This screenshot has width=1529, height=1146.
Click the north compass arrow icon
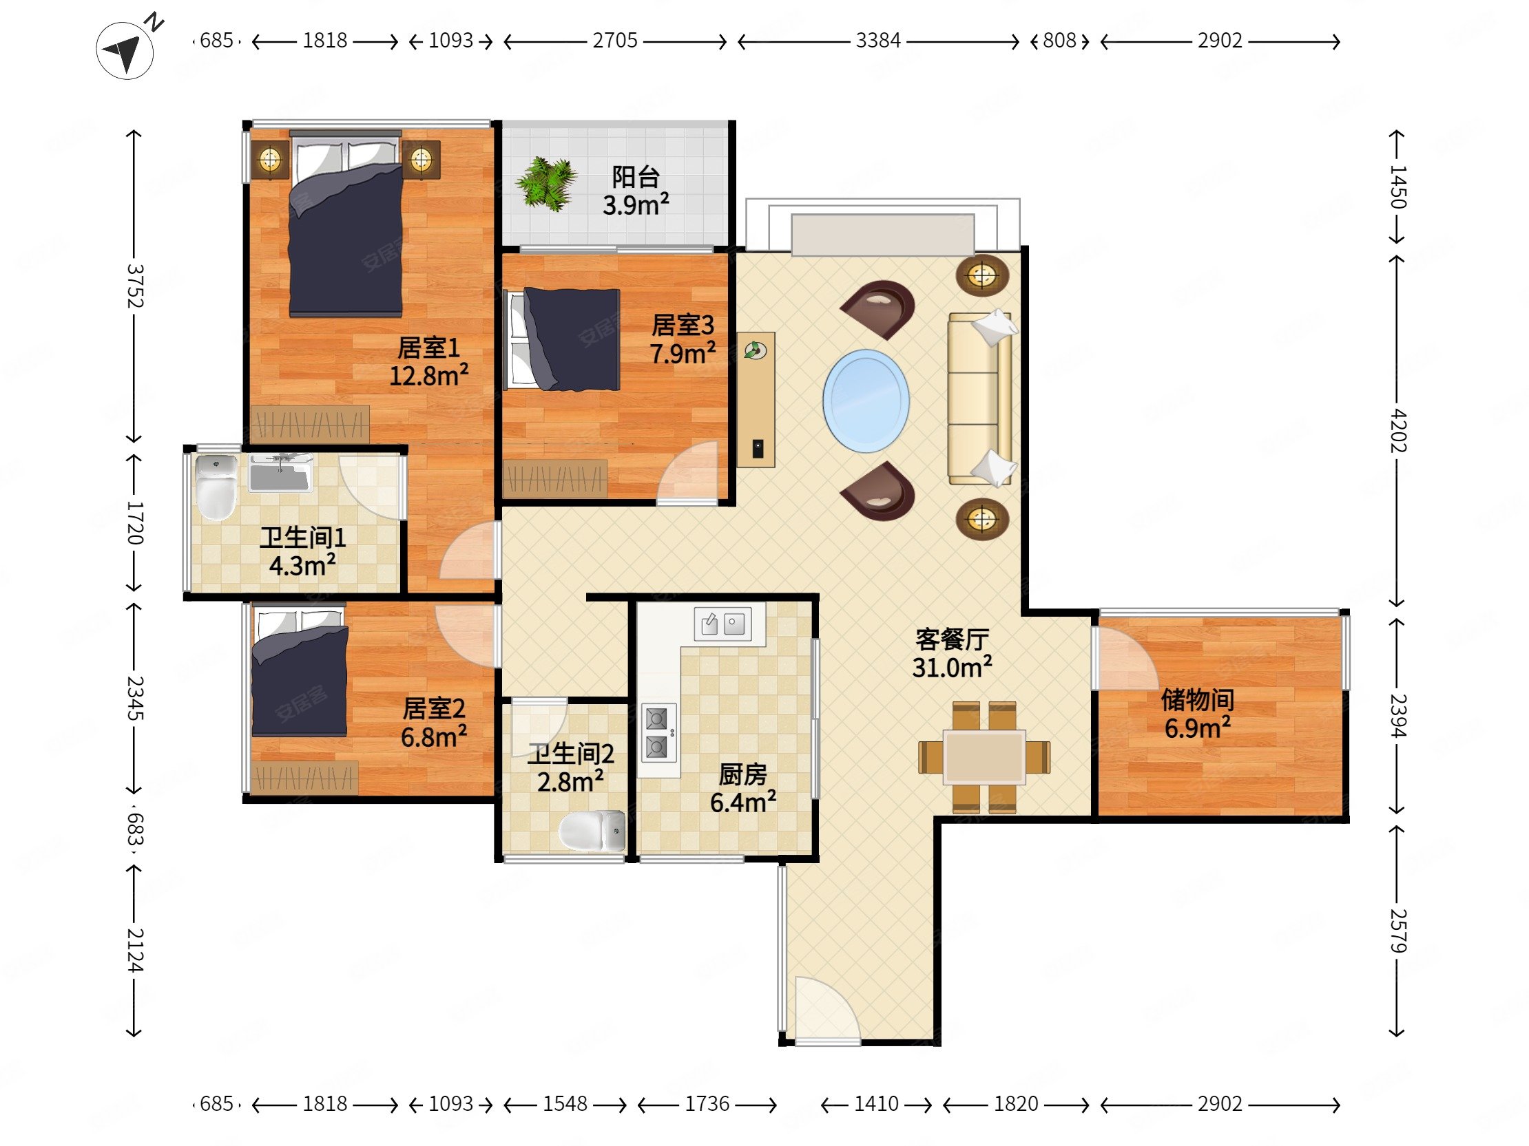pos(126,50)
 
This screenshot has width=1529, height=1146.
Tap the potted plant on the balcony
pos(546,183)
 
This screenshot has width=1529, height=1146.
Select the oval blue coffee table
pos(866,401)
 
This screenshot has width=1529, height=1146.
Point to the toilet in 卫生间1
pos(216,487)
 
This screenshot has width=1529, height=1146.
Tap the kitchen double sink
pos(722,624)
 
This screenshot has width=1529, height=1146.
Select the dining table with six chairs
pos(984,757)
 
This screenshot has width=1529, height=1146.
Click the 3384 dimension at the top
pos(878,41)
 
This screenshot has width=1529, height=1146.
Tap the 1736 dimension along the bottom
pos(707,1104)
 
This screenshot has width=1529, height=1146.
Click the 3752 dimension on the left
pos(134,286)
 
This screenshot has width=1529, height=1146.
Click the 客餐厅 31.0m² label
pos(952,653)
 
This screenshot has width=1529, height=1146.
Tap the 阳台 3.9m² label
pos(635,191)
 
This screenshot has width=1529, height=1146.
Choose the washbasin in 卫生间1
pos(279,472)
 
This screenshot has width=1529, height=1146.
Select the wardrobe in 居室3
pos(555,479)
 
